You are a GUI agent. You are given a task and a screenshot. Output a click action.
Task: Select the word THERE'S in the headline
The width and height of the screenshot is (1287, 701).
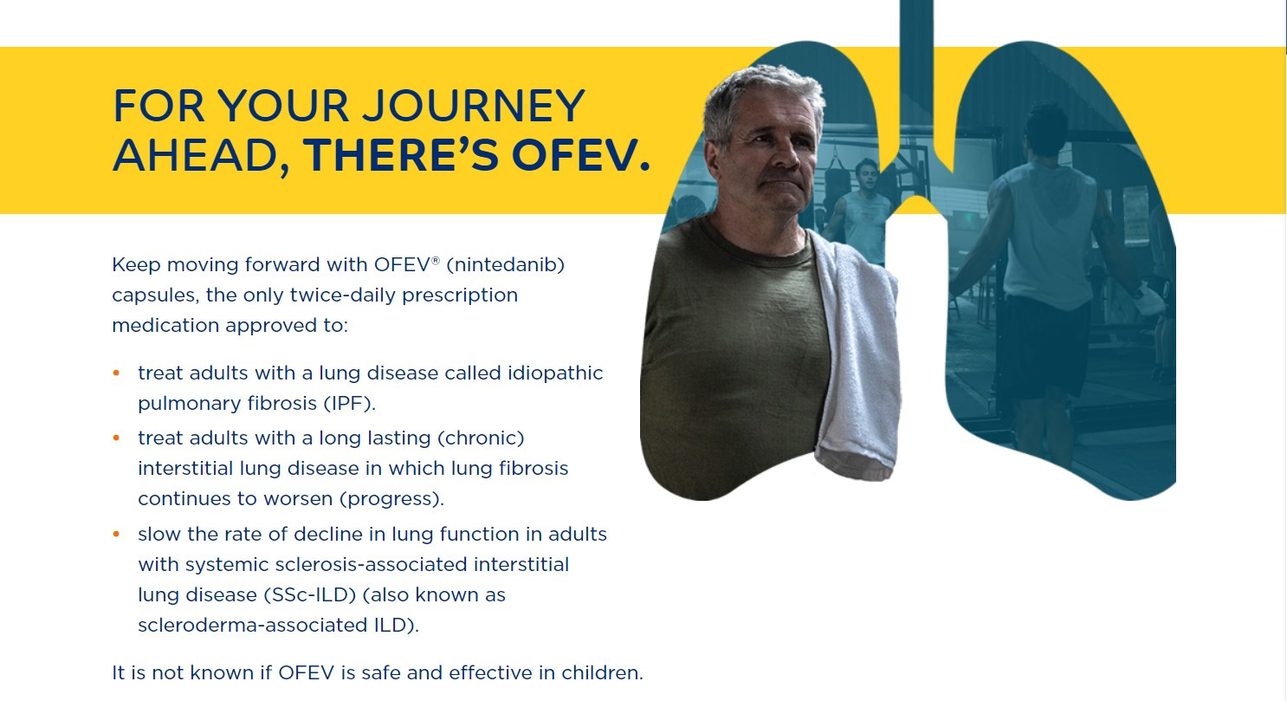click(401, 156)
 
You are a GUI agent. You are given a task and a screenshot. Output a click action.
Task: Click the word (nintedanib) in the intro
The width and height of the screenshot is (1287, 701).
click(506, 264)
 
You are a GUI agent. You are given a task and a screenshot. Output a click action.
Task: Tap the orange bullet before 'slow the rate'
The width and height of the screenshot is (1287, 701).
click(116, 535)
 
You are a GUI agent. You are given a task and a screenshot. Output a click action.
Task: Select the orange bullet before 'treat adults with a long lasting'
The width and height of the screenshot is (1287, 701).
click(116, 438)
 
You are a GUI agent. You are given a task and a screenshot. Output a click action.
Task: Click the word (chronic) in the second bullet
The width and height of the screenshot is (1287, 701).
click(481, 438)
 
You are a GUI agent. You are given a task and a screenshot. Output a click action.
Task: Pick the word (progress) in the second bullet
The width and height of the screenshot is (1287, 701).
click(391, 498)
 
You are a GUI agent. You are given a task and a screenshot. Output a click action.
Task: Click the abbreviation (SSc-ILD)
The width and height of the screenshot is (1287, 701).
click(310, 594)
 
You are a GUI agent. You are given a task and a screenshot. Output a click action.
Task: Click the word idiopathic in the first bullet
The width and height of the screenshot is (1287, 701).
click(555, 373)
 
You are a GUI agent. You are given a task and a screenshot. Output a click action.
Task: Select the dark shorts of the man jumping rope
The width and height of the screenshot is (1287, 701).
click(1047, 345)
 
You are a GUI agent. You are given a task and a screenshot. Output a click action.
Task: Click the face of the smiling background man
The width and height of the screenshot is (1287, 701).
click(867, 176)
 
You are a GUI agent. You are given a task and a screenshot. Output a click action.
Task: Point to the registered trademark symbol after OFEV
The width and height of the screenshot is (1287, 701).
click(436, 260)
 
